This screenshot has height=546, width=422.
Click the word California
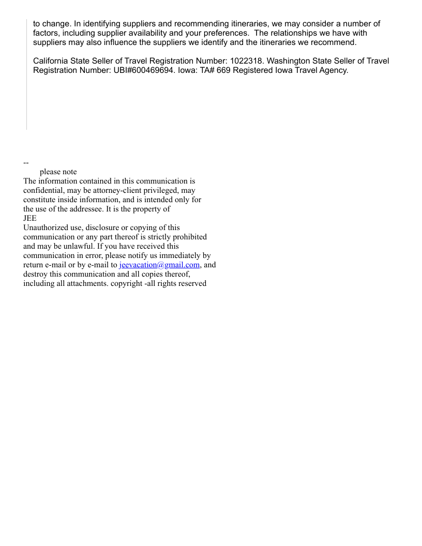click(53, 61)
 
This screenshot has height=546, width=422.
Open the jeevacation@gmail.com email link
click(159, 265)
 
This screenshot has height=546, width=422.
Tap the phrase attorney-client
click(115, 190)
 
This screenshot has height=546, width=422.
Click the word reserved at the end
click(191, 283)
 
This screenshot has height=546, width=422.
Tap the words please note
click(58, 172)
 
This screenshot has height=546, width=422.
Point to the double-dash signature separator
click(26, 163)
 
